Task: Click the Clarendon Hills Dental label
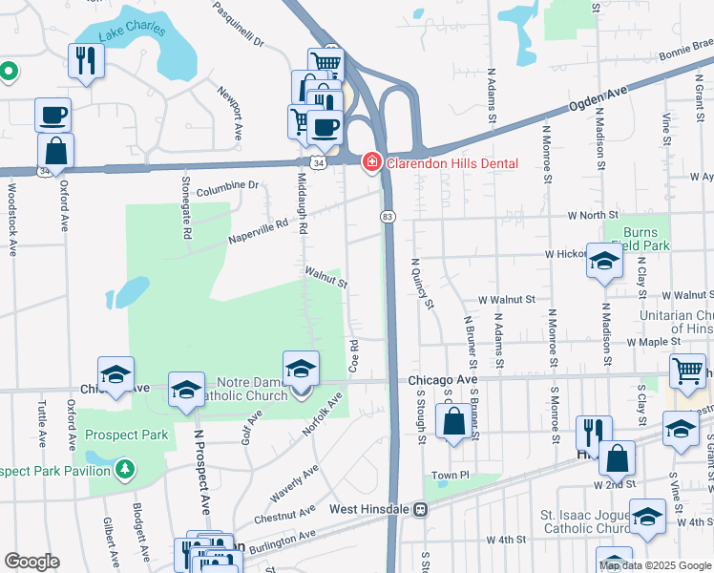coord(451,163)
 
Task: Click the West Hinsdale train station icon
coord(419,509)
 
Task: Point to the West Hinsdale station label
coord(370,509)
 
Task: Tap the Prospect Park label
coord(127,435)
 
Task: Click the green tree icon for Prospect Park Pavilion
coord(124,469)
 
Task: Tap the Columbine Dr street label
coord(227,187)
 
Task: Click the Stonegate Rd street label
coord(188,207)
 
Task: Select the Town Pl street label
coord(451,475)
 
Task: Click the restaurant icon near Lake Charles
coord(86,61)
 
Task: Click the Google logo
coord(31,562)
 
